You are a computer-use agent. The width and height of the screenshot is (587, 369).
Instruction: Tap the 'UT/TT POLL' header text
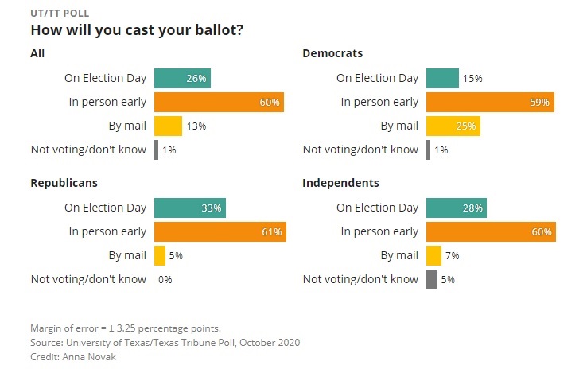(59, 14)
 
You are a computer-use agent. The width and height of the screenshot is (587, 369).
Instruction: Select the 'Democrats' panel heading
(332, 53)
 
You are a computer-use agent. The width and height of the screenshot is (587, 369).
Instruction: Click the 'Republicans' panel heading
(64, 183)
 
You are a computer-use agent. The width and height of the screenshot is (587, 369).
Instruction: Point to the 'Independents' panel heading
(340, 183)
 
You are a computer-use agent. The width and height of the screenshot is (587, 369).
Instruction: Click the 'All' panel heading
(37, 53)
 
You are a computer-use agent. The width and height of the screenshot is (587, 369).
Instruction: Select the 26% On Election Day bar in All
(182, 78)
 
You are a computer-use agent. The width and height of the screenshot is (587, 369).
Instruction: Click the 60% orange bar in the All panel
(219, 102)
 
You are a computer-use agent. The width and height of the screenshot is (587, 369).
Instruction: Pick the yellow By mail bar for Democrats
(453, 126)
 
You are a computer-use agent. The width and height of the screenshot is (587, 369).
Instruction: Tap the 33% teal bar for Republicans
(189, 208)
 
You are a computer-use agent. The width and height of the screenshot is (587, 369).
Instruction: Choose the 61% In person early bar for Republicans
(220, 231)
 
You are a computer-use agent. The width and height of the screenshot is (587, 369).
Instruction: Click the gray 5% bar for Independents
(432, 279)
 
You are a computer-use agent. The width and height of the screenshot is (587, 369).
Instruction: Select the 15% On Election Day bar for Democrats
(442, 78)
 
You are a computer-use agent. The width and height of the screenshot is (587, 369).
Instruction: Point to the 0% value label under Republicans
(165, 279)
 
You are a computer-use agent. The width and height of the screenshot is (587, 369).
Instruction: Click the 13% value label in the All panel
(196, 126)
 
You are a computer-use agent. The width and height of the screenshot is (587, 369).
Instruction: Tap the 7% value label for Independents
(452, 255)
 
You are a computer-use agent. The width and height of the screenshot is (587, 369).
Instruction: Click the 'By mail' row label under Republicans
(127, 255)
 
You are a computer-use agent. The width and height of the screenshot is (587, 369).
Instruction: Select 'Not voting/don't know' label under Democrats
(360, 150)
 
